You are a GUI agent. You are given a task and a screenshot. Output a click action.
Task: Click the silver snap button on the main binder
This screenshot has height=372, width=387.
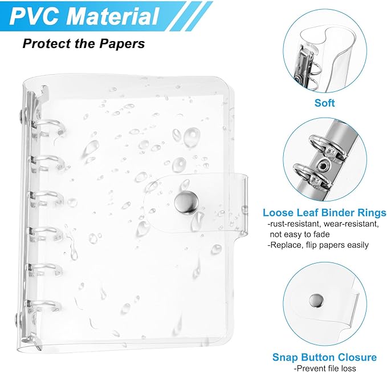[185, 201]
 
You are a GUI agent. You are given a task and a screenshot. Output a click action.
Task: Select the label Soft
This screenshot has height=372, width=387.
[324, 103]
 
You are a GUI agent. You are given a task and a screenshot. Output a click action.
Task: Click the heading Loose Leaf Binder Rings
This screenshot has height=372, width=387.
[324, 213]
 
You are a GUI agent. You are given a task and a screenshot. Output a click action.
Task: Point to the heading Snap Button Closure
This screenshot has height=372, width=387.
[324, 357]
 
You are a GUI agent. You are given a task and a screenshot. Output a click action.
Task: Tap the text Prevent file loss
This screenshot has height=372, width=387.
[324, 369]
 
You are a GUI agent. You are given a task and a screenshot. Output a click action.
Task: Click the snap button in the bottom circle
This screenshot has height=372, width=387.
[314, 298]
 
